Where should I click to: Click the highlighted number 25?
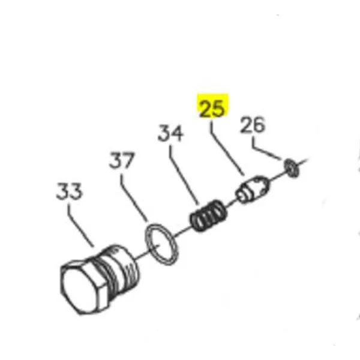[x=212, y=109]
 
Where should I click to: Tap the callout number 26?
[x=253, y=125]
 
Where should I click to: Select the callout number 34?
[x=172, y=134]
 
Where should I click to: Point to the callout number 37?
[x=123, y=161]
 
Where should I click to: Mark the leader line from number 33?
[x=81, y=225]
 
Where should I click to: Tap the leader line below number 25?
[x=226, y=146]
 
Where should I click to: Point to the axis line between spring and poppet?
[x=231, y=202]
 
